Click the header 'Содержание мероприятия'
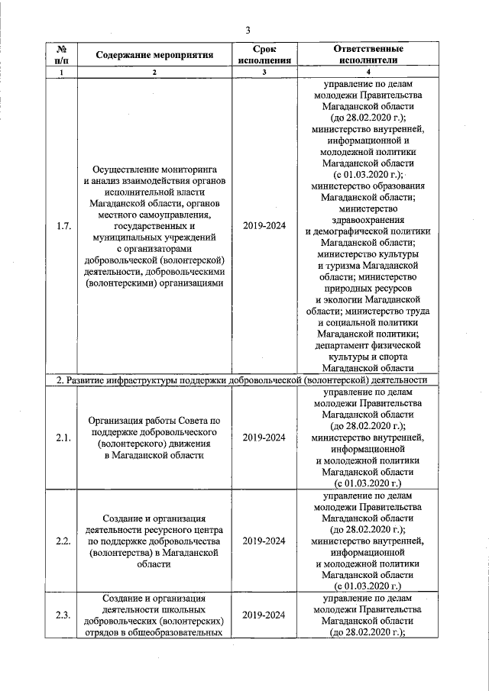click(154, 56)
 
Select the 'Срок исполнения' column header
click(264, 55)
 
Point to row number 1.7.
click(63, 226)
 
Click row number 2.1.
click(63, 438)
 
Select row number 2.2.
click(63, 541)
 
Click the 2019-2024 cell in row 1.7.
click(264, 226)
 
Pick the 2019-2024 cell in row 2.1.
click(264, 438)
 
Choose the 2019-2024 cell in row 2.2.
click(264, 541)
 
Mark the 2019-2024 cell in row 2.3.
click(264, 615)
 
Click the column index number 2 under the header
click(154, 73)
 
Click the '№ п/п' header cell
click(63, 55)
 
